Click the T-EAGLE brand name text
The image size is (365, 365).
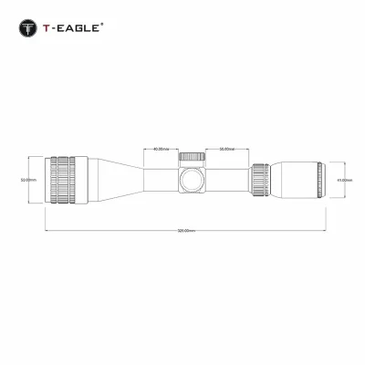(68, 27)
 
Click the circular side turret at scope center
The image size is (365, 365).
(193, 180)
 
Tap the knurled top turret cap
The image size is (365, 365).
(193, 157)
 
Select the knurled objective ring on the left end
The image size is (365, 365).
(64, 180)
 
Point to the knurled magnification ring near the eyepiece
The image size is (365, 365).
(260, 180)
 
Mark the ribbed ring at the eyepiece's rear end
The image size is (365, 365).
(319, 180)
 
